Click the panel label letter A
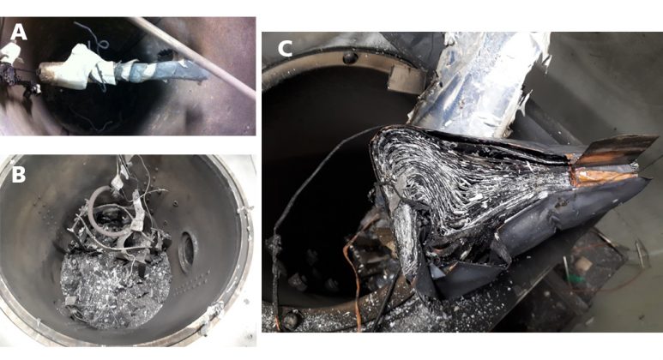(x=19, y=32)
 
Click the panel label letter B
(x=18, y=175)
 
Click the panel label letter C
(x=285, y=49)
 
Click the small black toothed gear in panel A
(x=166, y=54)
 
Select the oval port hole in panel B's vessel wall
(x=188, y=252)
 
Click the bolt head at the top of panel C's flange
(x=350, y=58)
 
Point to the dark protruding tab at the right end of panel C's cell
(x=615, y=149)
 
